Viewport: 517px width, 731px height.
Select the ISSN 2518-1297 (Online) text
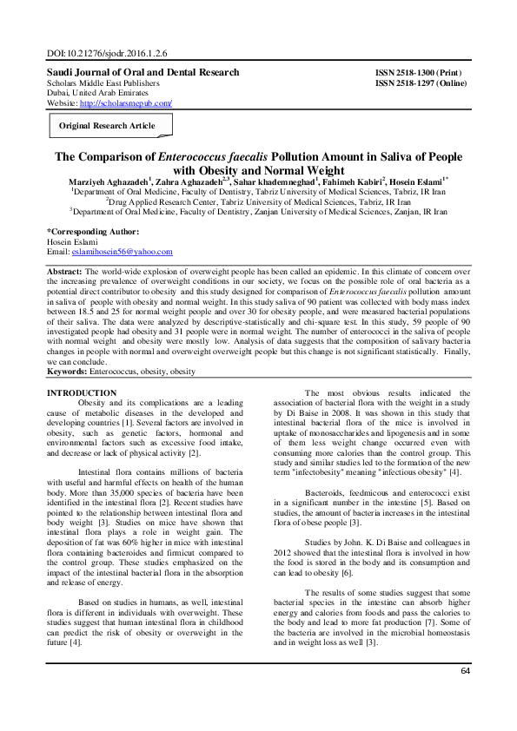(x=421, y=82)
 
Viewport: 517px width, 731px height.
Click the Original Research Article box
(x=107, y=126)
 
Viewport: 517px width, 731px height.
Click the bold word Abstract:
(x=66, y=272)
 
